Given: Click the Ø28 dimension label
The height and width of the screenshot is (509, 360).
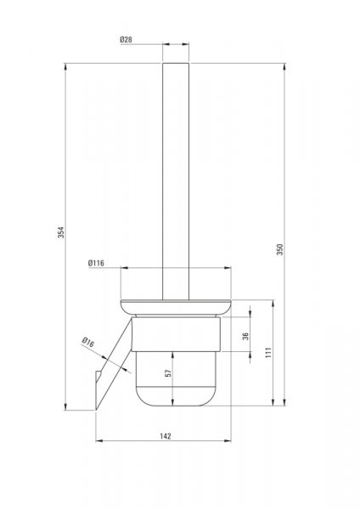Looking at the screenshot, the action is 126,40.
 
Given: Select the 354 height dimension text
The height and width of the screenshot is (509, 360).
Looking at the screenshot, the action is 61,232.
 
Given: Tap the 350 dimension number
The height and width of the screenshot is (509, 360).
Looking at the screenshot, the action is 280,249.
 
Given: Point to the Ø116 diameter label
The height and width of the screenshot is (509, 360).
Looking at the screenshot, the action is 96,263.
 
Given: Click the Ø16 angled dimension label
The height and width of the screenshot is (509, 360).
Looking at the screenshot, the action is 88,342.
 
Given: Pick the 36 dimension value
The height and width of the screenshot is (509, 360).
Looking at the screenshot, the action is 245,336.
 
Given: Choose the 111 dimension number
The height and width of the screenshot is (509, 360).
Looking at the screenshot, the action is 268,353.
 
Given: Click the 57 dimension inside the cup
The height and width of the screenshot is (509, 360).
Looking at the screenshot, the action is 168,373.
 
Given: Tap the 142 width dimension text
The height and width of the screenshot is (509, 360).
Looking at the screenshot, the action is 166,436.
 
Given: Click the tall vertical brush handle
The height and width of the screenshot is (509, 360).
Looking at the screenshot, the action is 176,182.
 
